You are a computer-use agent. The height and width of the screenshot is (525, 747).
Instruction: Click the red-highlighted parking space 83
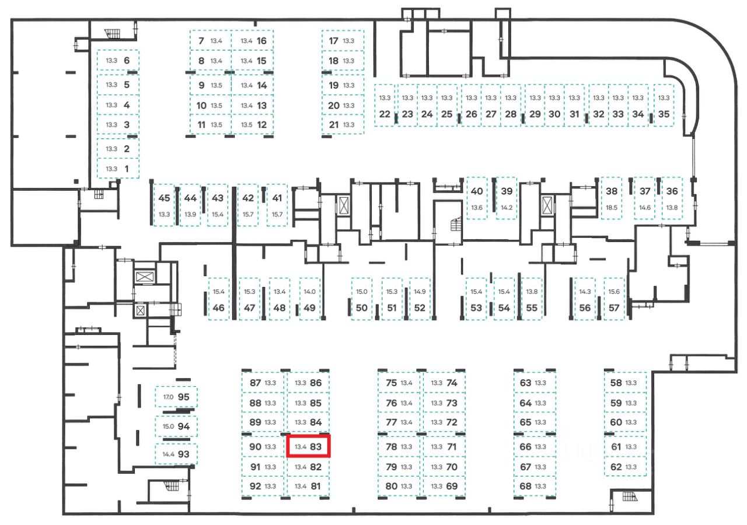[x=309, y=447]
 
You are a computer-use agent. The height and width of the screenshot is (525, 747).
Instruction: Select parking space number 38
[x=612, y=198]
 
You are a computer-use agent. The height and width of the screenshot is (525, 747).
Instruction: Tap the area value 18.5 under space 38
[x=612, y=208]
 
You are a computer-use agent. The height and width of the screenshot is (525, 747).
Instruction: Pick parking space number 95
[x=177, y=397]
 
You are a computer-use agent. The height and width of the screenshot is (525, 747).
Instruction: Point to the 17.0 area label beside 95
[x=168, y=397]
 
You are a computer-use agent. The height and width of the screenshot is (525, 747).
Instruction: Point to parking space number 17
[x=343, y=41]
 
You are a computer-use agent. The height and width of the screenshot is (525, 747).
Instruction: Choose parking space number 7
[x=210, y=41]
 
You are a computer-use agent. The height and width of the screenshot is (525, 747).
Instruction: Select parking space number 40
[x=477, y=198]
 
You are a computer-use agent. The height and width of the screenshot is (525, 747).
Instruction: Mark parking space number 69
[x=444, y=486]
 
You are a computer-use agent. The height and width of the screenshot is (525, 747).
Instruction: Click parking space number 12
[x=253, y=124]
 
